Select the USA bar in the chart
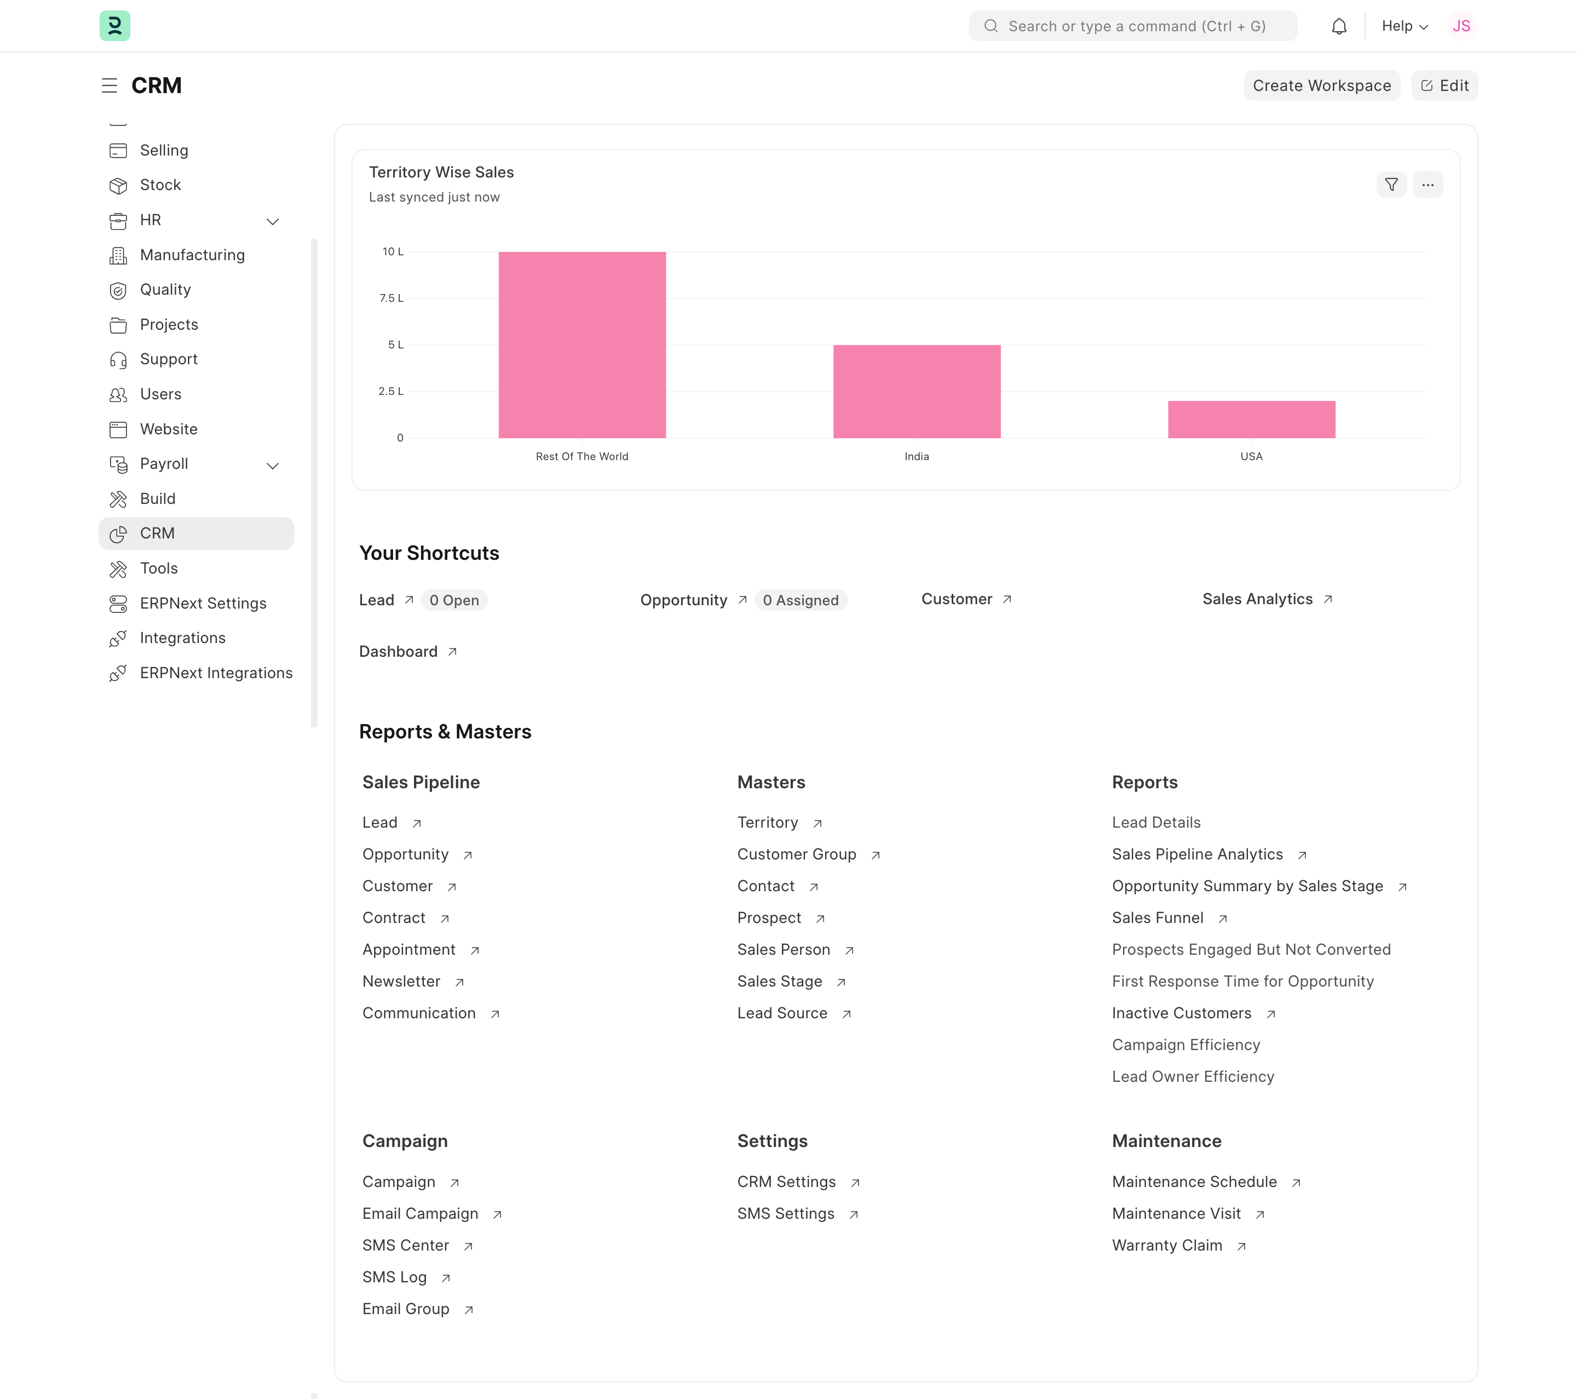point(1251,419)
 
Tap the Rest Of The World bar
point(582,345)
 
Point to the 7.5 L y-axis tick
point(391,299)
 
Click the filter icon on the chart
point(1391,185)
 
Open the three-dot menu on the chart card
point(1428,185)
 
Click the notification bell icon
point(1339,26)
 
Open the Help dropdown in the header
point(1403,26)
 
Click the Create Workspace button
point(1321,85)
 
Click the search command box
point(1132,26)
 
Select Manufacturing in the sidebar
point(192,255)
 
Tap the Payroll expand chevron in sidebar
point(272,465)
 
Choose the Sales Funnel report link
point(1158,918)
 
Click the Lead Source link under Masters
point(781,1013)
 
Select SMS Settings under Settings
point(785,1214)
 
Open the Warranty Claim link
point(1166,1246)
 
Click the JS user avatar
point(1460,26)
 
